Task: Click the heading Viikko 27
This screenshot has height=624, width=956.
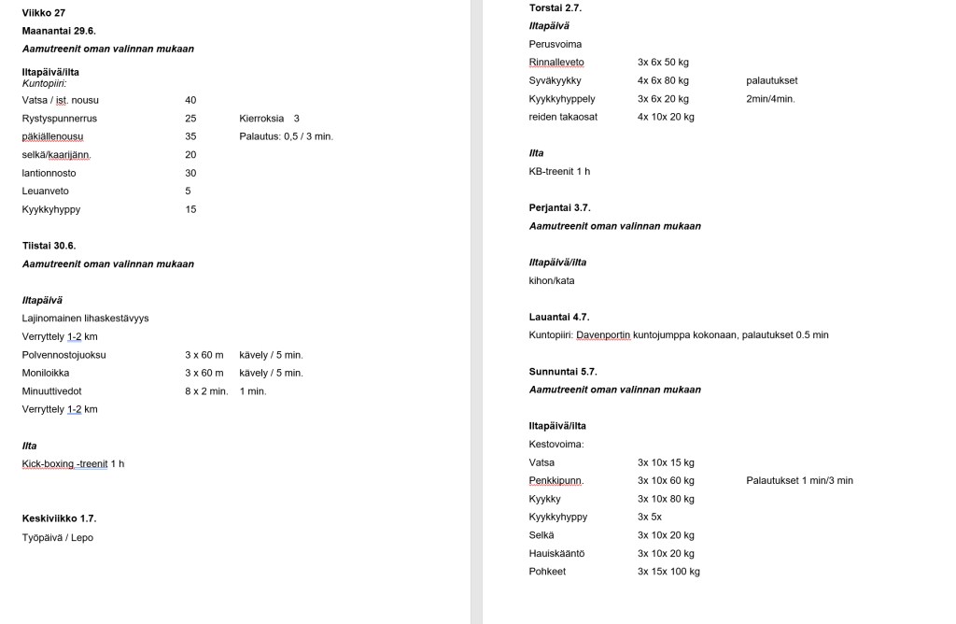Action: [x=43, y=12]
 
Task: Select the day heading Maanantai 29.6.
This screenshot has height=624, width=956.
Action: [x=59, y=31]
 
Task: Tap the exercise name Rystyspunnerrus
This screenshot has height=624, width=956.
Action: [x=60, y=119]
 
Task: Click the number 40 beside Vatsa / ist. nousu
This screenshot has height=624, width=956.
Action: [x=190, y=100]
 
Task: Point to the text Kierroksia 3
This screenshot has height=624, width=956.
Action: [x=269, y=119]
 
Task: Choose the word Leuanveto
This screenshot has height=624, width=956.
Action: [x=46, y=191]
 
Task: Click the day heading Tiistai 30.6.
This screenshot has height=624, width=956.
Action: [x=49, y=246]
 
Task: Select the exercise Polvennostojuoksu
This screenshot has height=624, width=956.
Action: [x=63, y=355]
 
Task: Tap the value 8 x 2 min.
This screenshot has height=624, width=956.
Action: [x=206, y=391]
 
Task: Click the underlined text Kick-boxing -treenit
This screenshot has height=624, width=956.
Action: [x=65, y=464]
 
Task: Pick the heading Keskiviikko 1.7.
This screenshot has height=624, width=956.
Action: [x=59, y=518]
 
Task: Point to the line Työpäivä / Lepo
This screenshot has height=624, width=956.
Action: [x=58, y=537]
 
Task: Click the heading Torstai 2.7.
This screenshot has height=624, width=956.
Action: [x=555, y=7]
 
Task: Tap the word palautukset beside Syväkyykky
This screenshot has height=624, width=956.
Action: [x=772, y=80]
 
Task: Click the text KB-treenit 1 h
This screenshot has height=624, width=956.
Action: [x=559, y=172]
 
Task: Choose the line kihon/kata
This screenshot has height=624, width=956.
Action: [x=551, y=280]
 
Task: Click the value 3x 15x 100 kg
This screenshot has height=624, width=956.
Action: [x=668, y=572]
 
